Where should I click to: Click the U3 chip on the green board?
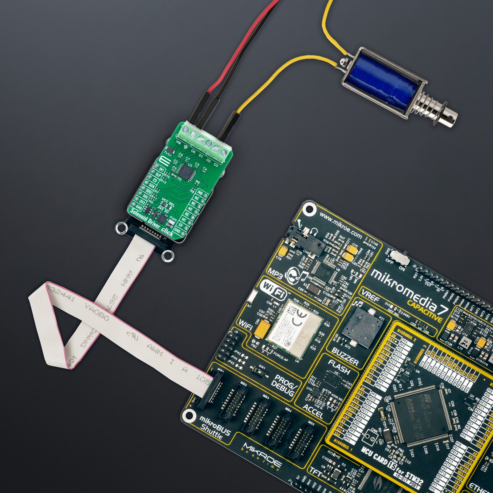click(x=186, y=169)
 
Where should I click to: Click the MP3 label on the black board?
click(x=275, y=272)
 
